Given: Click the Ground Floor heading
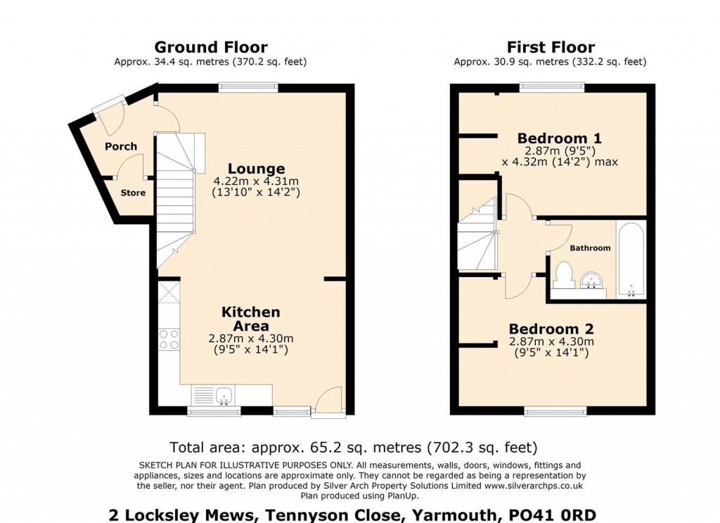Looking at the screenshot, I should tap(210, 47).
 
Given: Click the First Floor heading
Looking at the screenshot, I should tap(551, 47).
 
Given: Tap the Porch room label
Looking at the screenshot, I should tap(121, 146).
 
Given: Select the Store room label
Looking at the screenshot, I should tap(133, 193).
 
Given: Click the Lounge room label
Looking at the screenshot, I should tap(257, 169).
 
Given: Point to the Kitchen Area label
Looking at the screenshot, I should tap(251, 318).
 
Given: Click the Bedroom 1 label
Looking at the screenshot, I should tap(559, 138).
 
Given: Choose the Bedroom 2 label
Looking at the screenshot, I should tap(551, 328).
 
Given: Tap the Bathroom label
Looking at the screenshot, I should tap(590, 248).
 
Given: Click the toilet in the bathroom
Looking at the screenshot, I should tap(563, 274).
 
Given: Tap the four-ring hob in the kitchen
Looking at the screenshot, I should tap(169, 340).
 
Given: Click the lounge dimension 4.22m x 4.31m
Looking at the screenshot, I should tap(257, 181).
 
